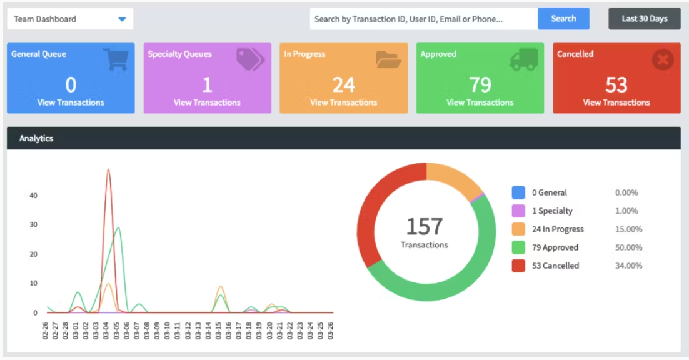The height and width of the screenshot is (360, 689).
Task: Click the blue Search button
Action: [563, 19]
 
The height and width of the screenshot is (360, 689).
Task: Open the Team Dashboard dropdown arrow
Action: [122, 19]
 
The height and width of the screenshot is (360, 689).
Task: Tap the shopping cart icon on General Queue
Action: [116, 59]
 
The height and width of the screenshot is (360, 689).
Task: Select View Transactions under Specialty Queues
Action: [207, 102]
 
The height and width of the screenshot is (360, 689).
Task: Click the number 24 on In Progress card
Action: [343, 84]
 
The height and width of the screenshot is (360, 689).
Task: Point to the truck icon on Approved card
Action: [523, 59]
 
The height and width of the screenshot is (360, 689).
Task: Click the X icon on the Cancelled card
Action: [662, 60]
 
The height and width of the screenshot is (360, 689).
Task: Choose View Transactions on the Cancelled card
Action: [616, 102]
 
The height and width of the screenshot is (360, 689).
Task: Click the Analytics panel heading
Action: [36, 138]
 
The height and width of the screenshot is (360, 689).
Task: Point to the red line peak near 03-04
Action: [108, 169]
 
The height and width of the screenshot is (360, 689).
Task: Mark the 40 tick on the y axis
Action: [33, 196]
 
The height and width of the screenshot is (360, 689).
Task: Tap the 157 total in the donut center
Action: [425, 226]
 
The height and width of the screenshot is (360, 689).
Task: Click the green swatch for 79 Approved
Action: [518, 247]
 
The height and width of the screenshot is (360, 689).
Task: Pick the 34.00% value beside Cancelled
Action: [628, 266]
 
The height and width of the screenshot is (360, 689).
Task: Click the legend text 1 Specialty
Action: [552, 211]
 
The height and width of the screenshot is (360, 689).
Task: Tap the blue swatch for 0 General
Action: [518, 193]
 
